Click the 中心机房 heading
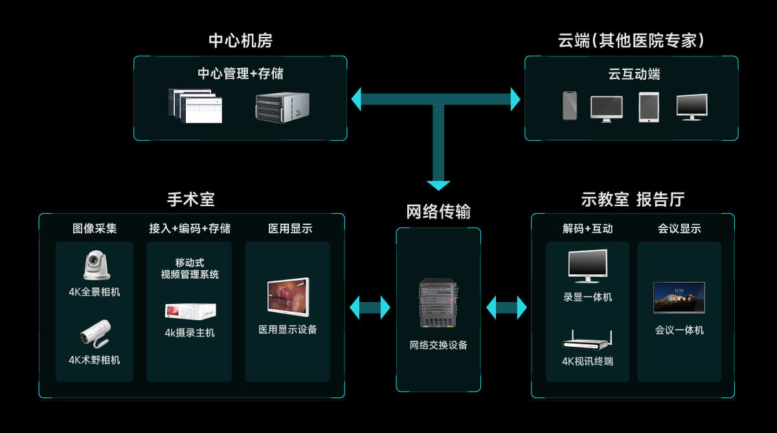[240, 41]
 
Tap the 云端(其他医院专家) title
[631, 41]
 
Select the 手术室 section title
[191, 199]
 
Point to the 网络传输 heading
[438, 212]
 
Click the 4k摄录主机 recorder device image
[190, 312]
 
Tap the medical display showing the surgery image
[288, 297]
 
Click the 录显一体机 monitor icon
[588, 266]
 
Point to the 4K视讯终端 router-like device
[587, 340]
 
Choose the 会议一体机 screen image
[679, 298]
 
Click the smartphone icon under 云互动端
[569, 105]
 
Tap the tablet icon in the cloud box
[648, 106]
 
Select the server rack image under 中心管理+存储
[282, 107]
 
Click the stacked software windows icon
[195, 106]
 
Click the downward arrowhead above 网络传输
[438, 184]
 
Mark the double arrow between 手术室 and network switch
[370, 307]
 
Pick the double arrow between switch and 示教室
[506, 307]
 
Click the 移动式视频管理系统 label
[190, 268]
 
